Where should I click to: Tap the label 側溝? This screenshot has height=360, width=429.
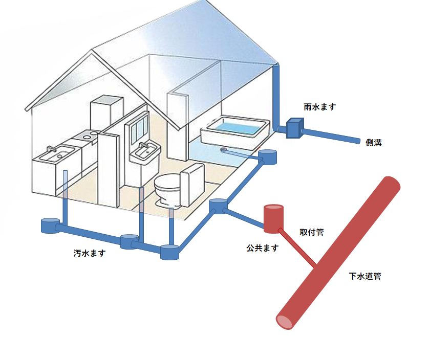click(x=374, y=143)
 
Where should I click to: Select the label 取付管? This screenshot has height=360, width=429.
click(x=311, y=232)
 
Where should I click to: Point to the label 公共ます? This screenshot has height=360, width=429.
click(x=262, y=248)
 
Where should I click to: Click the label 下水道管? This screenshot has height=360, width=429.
click(x=365, y=277)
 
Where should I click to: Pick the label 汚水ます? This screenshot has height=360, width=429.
click(x=89, y=253)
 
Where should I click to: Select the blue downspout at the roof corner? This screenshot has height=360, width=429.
click(x=276, y=97)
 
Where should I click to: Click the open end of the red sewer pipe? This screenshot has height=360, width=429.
click(x=285, y=321)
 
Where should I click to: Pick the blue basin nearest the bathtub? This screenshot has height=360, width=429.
click(x=268, y=156)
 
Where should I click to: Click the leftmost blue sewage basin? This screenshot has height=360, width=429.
click(x=50, y=226)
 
